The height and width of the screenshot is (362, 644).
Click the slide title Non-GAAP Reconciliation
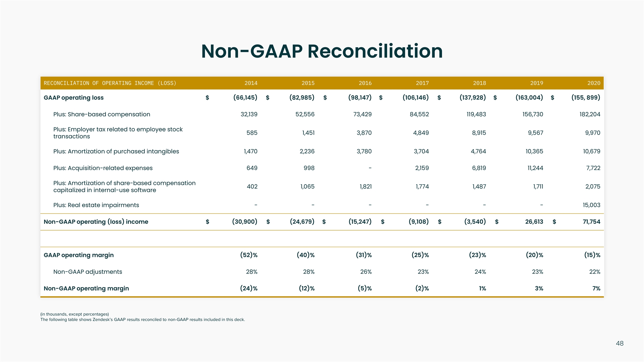(322, 51)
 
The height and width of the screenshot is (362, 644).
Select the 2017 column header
(422, 83)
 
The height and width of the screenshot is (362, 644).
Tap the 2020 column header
(593, 83)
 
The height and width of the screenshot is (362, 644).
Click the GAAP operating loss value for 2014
(245, 98)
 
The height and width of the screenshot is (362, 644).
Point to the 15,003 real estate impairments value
(591, 205)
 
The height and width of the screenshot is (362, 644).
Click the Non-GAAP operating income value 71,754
(591, 222)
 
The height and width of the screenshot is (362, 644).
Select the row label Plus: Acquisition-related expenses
(103, 168)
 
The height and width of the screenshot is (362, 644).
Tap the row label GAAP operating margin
(78, 255)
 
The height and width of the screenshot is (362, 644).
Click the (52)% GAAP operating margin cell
(249, 255)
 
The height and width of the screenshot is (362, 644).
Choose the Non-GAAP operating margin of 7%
(596, 288)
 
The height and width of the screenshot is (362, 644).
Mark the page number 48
(620, 343)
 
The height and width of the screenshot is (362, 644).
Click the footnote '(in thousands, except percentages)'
(74, 314)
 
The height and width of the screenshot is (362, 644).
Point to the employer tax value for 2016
(364, 133)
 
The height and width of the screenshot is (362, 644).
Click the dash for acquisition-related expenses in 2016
(370, 168)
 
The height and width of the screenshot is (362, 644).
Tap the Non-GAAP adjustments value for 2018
(480, 272)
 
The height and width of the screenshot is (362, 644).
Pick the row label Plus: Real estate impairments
(96, 205)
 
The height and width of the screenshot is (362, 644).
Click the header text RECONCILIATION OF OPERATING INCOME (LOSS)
(110, 83)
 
